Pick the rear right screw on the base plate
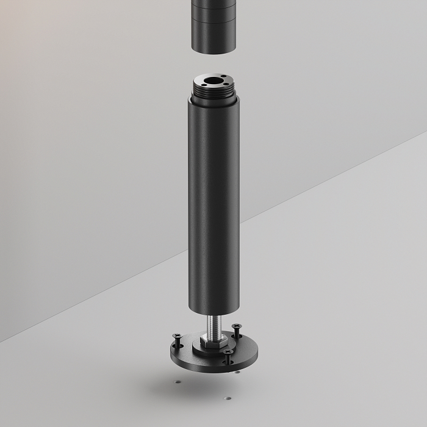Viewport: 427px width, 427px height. click(x=234, y=330)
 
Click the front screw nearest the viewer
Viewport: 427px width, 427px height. click(x=227, y=354)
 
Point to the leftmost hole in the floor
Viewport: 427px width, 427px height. click(x=177, y=382)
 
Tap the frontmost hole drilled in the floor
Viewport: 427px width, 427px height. click(x=227, y=398)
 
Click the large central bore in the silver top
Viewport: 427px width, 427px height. click(x=213, y=81)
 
